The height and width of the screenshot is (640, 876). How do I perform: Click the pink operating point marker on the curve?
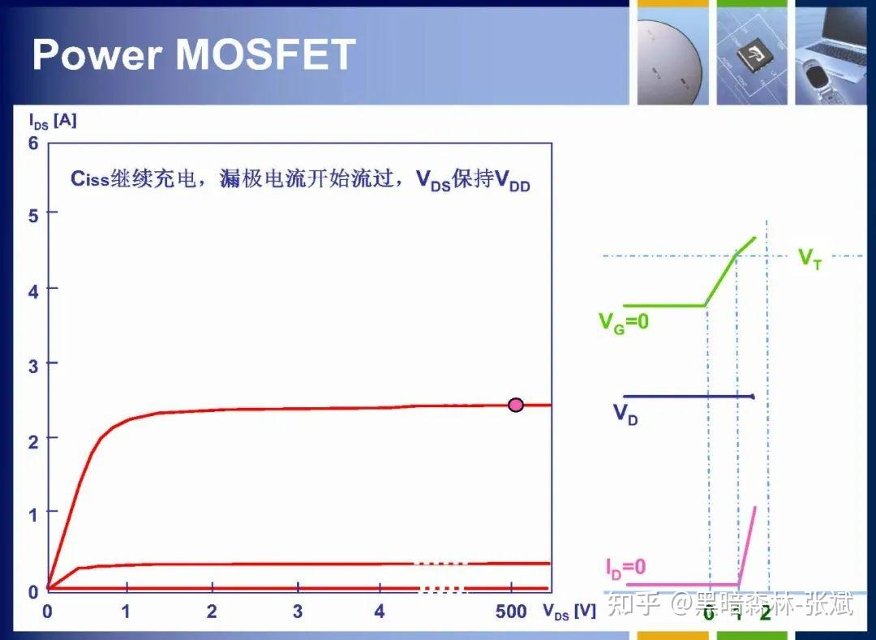[x=516, y=405]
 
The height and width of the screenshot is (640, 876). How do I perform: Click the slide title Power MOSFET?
[x=194, y=54]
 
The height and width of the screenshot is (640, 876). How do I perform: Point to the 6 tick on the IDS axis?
[x=33, y=143]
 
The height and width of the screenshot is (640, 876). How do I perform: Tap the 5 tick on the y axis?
[x=33, y=214]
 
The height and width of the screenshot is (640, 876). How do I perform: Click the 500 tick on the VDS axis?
[x=511, y=612]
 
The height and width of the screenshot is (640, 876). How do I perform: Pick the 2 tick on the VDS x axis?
[x=212, y=612]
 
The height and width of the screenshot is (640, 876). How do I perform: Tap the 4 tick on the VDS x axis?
[x=380, y=612]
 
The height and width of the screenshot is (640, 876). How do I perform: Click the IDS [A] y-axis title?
[x=53, y=121]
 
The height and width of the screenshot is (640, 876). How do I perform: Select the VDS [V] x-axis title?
[x=569, y=612]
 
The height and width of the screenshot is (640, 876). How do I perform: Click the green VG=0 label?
[x=624, y=322]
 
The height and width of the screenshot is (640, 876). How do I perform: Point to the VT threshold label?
[x=809, y=259]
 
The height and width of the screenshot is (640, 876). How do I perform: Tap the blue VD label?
[x=625, y=414]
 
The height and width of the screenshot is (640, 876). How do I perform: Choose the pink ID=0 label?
[x=625, y=567]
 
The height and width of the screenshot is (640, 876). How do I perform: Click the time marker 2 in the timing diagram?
[x=765, y=612]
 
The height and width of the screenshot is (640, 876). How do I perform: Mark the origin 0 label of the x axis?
[x=47, y=612]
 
